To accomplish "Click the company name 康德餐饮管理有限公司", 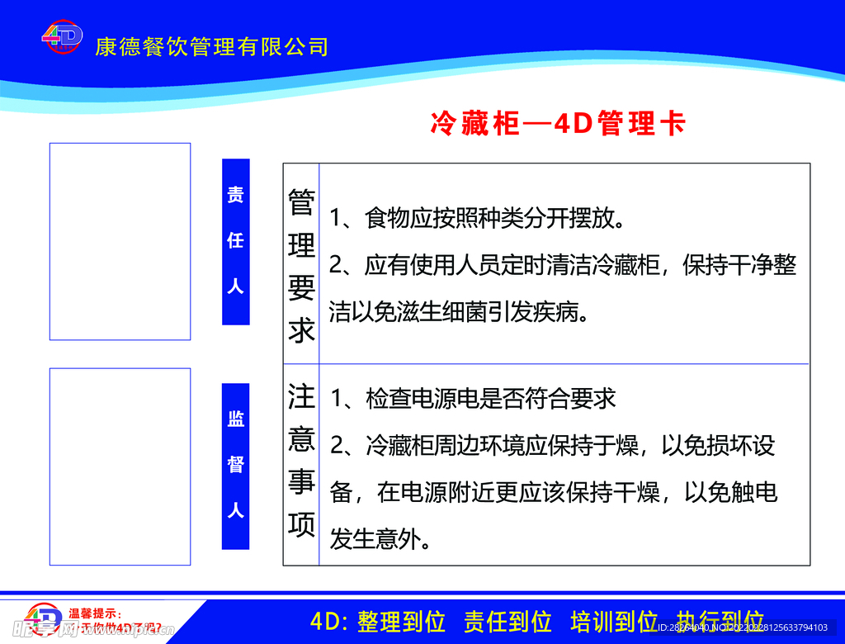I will point(212,46).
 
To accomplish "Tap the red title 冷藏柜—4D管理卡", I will point(558,124).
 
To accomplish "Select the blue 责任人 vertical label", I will point(236,241).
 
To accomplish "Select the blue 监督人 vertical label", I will point(236,465).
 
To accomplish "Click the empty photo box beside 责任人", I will point(120,241).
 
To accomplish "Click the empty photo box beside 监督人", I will point(120,466).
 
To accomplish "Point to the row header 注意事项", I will point(301,460).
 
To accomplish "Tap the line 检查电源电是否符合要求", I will point(474,399).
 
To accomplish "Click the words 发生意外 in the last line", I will point(379,540).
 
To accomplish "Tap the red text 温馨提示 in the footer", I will point(95,613).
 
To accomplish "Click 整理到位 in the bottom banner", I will point(402,622).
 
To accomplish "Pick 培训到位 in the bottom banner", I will point(613,622).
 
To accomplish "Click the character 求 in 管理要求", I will point(301,330).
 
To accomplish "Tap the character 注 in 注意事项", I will point(301,396).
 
